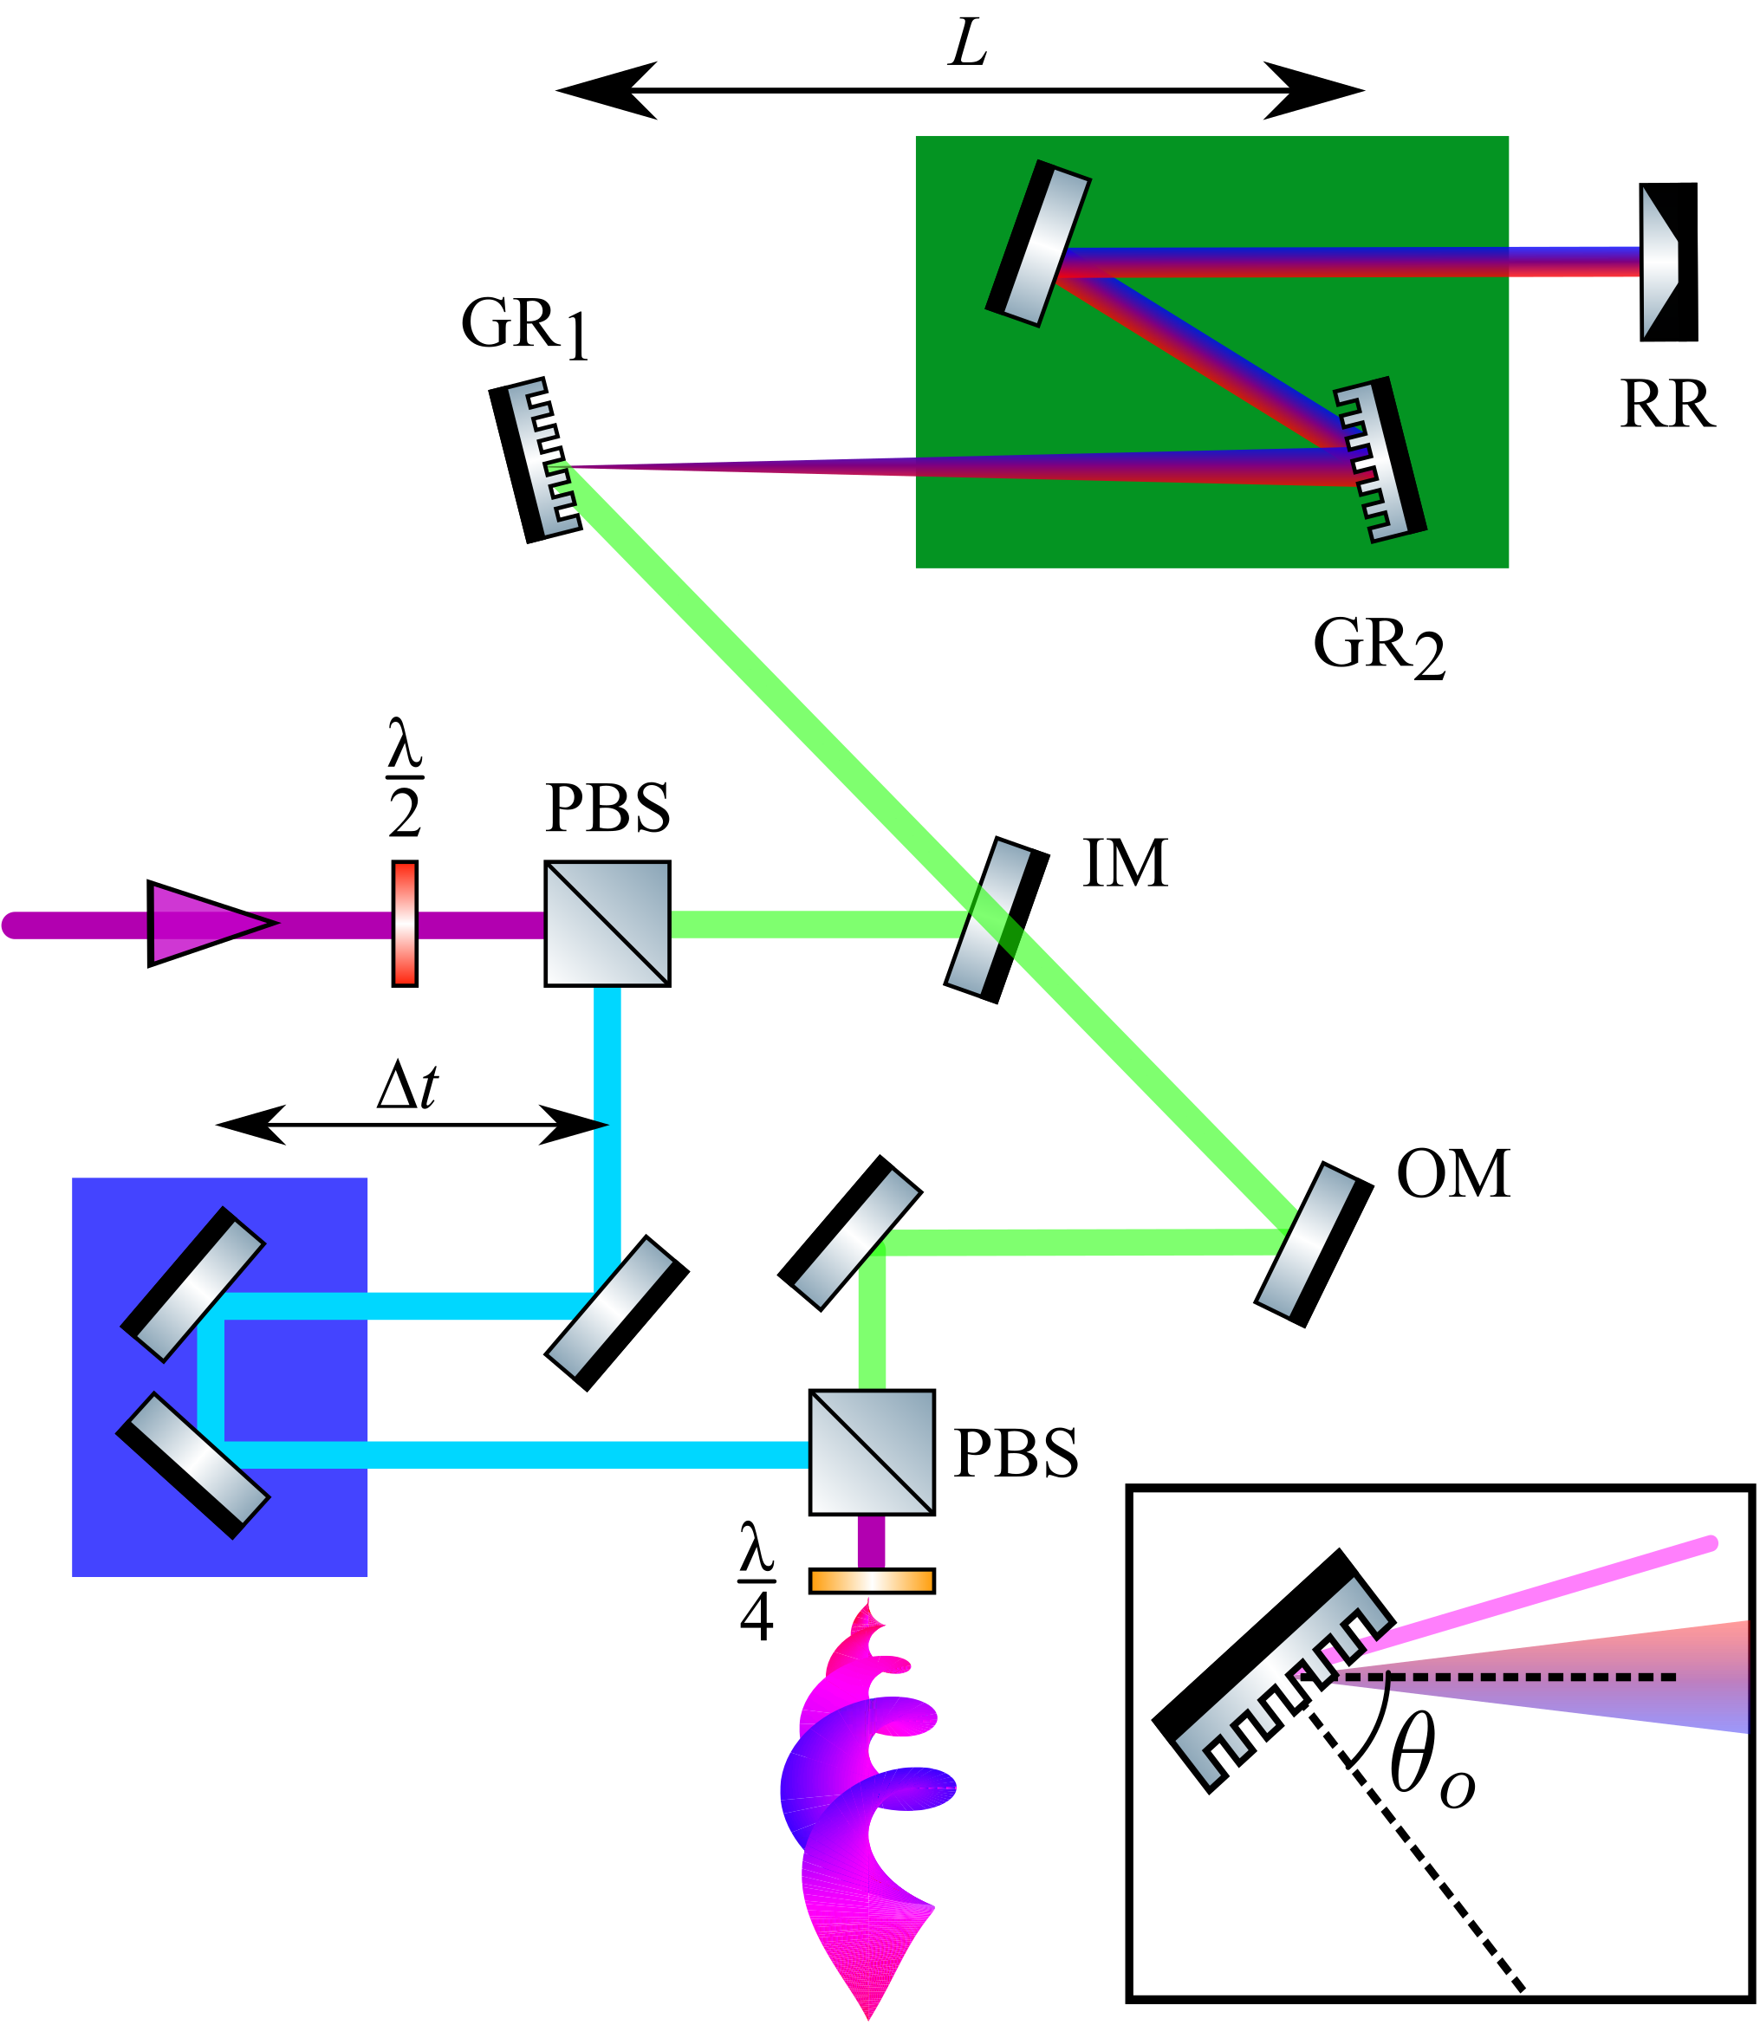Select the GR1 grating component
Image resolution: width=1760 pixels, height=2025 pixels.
click(536, 459)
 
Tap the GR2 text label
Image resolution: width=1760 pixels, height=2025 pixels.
click(1378, 647)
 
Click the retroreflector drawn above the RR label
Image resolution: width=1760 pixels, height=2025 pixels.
click(1666, 263)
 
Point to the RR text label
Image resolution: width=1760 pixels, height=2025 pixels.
click(1666, 404)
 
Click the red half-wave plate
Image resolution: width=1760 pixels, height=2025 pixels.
click(405, 923)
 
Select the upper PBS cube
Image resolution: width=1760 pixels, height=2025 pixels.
click(607, 923)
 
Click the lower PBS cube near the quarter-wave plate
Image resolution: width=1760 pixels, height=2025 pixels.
click(871, 1452)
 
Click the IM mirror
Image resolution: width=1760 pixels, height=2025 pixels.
click(996, 919)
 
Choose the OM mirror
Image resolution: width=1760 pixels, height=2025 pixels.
click(1313, 1244)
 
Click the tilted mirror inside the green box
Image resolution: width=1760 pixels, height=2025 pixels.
click(1038, 243)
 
